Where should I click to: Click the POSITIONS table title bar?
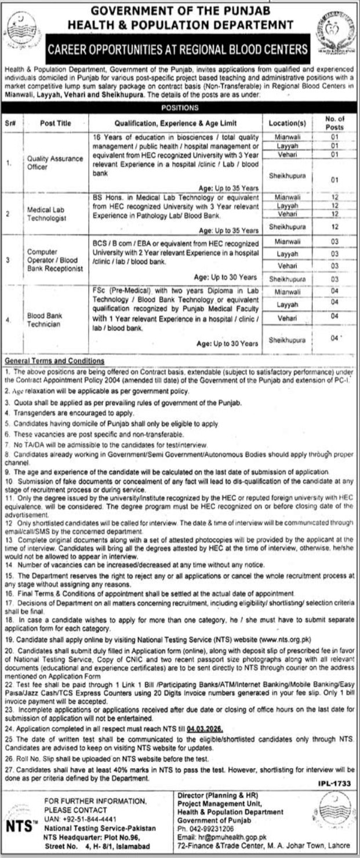[180, 108]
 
